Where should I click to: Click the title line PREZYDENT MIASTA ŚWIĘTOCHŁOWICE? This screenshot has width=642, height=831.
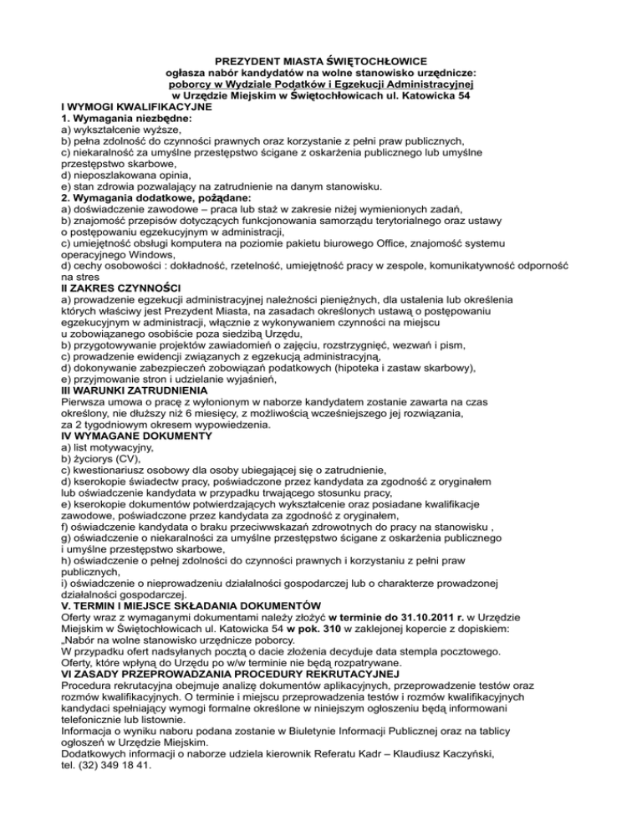[x=322, y=61]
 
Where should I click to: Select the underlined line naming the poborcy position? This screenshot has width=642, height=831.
[x=322, y=84]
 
